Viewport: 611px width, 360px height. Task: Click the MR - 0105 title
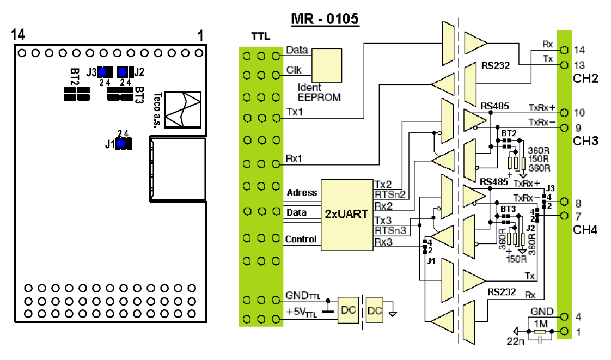(325, 19)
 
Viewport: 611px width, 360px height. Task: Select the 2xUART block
(347, 215)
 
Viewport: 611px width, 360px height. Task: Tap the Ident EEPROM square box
(327, 65)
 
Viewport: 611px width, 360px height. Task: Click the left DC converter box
(348, 310)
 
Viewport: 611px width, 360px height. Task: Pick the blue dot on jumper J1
(121, 143)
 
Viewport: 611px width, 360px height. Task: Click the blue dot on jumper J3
(102, 72)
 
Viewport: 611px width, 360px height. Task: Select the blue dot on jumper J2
(123, 72)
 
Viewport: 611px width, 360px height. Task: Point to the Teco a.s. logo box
(183, 109)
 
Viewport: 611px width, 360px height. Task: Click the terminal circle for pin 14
(564, 50)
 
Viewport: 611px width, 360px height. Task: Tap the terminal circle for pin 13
(564, 65)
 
